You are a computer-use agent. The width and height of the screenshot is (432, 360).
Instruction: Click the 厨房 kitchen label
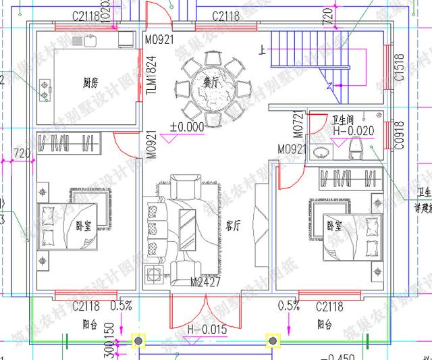pos(90,84)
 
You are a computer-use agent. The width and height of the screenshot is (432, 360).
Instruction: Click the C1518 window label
pos(400,68)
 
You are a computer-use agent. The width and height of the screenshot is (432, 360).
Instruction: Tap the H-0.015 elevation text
pos(207,329)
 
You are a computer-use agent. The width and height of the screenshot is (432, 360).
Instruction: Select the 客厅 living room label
pos(234,227)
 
